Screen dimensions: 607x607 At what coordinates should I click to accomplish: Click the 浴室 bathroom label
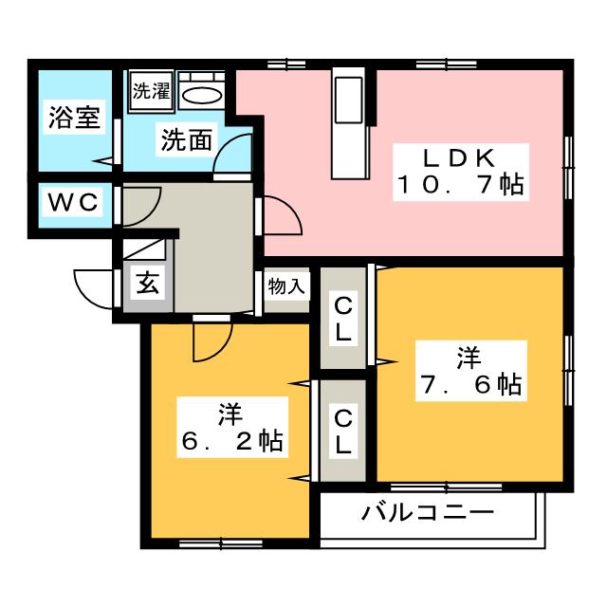[74, 119]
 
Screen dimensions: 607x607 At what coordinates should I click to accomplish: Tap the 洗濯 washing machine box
[150, 92]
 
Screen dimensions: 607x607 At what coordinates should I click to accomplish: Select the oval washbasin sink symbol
[200, 94]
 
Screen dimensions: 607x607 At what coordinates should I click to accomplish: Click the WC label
[72, 202]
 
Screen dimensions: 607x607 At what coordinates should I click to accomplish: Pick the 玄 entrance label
[149, 283]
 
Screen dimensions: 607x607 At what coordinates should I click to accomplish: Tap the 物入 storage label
[286, 285]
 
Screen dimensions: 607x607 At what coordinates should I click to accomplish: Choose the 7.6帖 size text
[469, 384]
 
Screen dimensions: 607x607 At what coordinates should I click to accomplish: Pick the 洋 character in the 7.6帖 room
[468, 358]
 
